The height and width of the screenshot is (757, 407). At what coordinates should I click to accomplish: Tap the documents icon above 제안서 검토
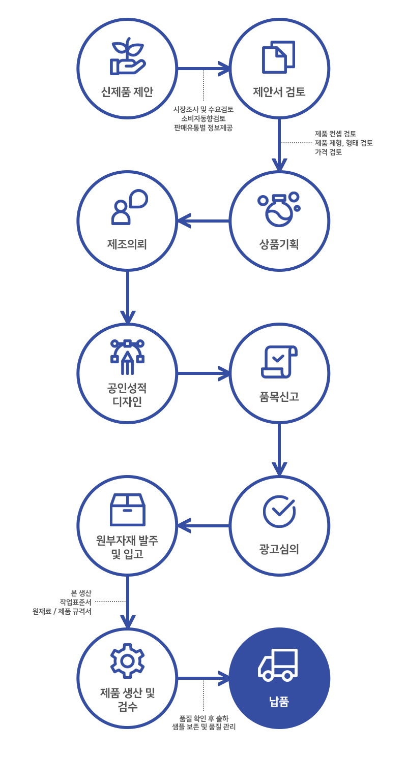(x=278, y=57)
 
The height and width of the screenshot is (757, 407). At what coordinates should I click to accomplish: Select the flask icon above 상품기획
(x=278, y=209)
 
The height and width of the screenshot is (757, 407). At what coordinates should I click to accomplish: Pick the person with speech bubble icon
(x=129, y=207)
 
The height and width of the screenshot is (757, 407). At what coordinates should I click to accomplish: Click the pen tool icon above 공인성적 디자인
(x=127, y=357)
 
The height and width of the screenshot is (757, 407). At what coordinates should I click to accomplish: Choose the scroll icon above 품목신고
(x=279, y=362)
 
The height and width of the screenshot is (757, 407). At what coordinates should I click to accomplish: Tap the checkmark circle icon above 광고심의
(x=279, y=511)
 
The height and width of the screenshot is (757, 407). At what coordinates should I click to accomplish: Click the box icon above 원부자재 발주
(x=127, y=510)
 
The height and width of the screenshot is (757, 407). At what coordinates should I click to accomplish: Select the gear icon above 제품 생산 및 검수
(x=127, y=660)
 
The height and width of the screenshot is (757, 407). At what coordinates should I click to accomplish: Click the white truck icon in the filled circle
(x=278, y=664)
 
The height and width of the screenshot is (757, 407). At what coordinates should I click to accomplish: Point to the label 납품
(x=279, y=702)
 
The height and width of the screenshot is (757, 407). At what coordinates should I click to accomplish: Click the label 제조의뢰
(x=127, y=244)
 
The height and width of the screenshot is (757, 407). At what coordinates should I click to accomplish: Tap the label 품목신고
(x=279, y=397)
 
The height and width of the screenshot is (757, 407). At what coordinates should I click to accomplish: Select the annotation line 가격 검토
(x=328, y=152)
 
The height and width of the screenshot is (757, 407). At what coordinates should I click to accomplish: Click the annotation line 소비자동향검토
(x=203, y=118)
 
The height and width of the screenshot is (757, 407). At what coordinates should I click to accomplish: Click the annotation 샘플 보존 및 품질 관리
(x=203, y=727)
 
